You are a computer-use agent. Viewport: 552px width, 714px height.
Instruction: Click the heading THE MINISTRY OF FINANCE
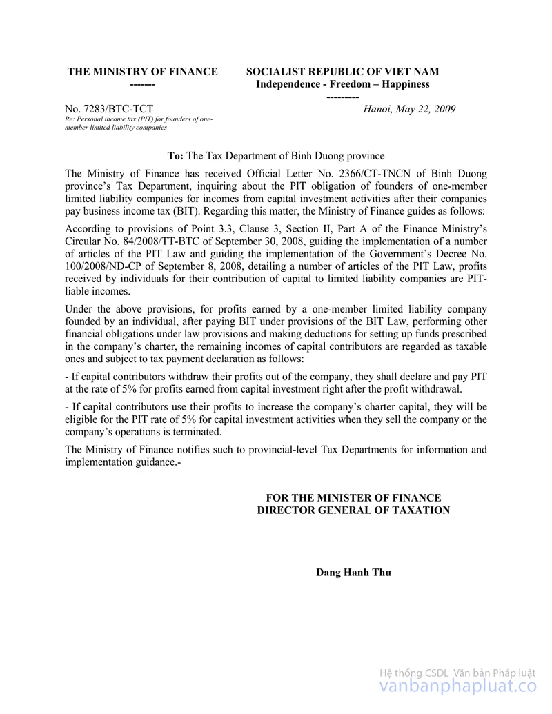[x=142, y=72]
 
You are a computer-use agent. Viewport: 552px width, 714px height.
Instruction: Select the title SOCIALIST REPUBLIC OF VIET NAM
[x=342, y=72]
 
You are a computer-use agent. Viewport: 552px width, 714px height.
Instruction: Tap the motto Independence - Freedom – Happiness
[x=342, y=84]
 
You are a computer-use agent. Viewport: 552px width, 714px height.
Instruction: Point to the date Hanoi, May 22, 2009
[x=409, y=109]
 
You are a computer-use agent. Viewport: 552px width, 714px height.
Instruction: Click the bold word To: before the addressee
[x=175, y=156]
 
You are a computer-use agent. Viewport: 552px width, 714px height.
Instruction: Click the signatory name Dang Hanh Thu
[x=353, y=573]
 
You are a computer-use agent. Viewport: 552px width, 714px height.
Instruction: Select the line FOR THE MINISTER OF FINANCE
[x=353, y=497]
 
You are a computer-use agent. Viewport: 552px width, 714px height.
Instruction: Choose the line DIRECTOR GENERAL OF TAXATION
[x=353, y=510]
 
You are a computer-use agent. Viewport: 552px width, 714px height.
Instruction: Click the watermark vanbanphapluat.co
[x=458, y=687]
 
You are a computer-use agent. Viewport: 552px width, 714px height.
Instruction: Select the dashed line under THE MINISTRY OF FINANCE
[x=142, y=84]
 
